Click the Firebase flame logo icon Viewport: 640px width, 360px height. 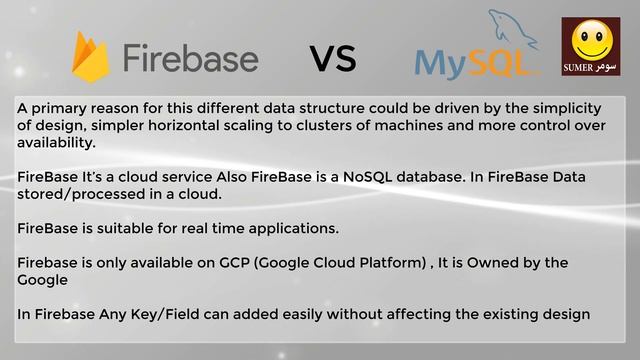(91, 55)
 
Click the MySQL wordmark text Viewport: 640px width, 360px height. (465, 63)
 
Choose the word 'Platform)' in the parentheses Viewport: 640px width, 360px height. (387, 263)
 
